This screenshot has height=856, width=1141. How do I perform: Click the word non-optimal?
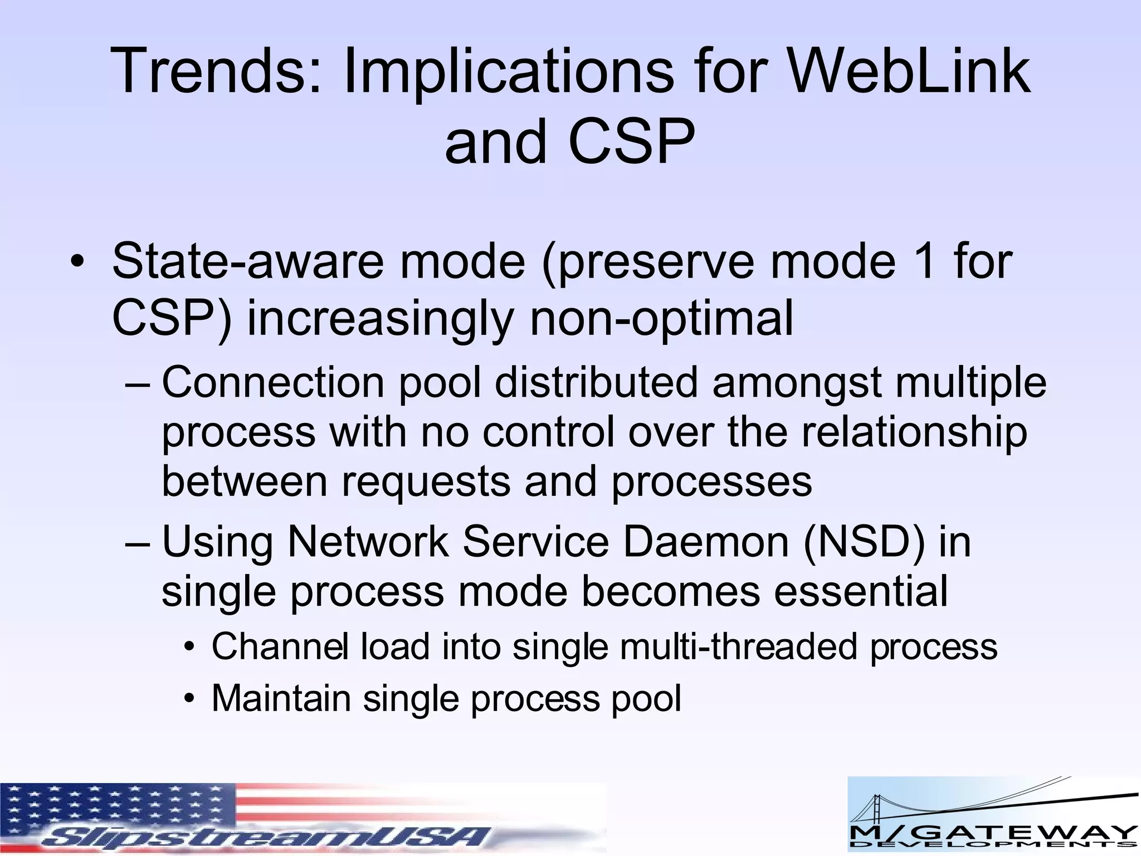[661, 319]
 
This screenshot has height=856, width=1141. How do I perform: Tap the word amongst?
[797, 383]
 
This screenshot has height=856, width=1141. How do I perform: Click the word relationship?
[914, 432]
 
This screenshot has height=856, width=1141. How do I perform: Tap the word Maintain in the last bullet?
[281, 699]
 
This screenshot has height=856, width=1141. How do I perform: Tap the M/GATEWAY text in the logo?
[992, 834]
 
